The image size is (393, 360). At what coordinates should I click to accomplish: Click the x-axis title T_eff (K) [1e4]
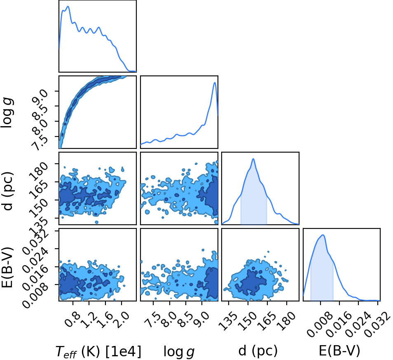click(x=98, y=351)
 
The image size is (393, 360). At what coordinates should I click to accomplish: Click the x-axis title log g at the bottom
click(x=179, y=351)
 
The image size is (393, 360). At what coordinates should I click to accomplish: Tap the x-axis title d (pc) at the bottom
click(x=258, y=351)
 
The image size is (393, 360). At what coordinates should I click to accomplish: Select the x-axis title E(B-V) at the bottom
click(x=339, y=351)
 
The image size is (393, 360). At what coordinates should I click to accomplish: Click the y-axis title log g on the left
click(x=7, y=113)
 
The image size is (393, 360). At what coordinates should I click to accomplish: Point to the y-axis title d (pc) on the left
click(x=7, y=191)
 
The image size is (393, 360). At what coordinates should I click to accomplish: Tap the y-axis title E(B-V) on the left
click(x=7, y=268)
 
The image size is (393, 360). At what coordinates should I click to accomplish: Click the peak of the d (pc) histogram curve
click(x=253, y=159)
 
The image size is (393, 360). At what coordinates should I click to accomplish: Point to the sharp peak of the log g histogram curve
click(x=215, y=82)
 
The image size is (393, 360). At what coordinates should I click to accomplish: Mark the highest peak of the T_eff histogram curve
click(x=68, y=7)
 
